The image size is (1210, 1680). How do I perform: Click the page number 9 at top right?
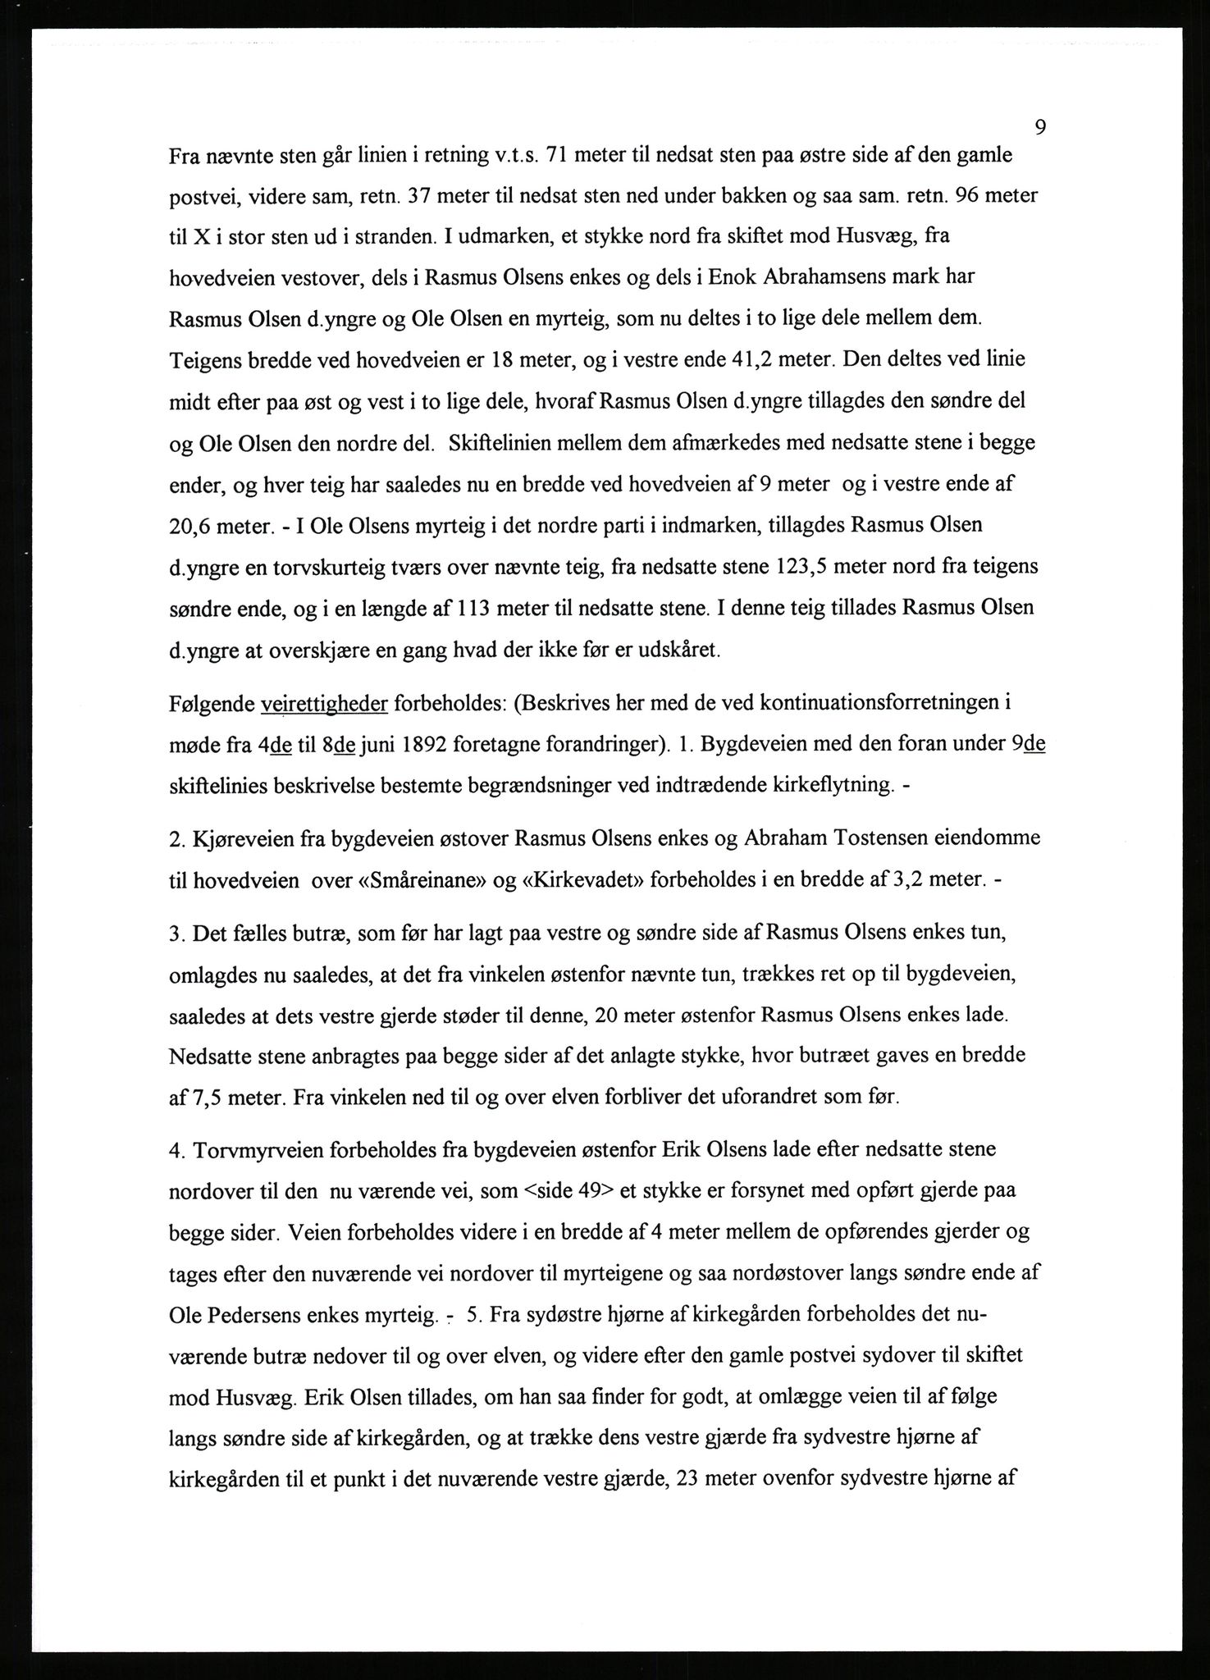point(1039,127)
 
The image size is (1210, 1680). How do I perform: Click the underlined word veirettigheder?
point(323,704)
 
